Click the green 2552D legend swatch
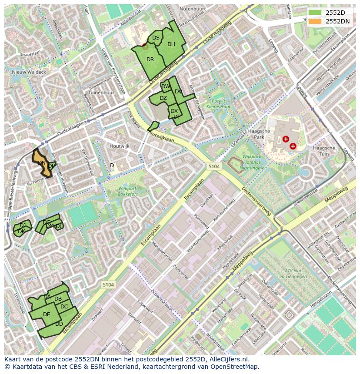click(316, 13)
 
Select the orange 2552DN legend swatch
click(316, 21)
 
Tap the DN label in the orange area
click(42, 163)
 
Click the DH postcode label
click(171, 44)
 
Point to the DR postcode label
click(150, 59)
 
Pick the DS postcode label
click(156, 38)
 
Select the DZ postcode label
click(163, 98)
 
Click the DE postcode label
click(47, 314)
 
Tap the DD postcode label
click(59, 324)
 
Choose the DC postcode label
click(64, 306)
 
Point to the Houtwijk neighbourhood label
click(120, 146)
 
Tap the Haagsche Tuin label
click(324, 151)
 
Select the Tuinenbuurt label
click(102, 93)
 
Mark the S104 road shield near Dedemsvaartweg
click(213, 166)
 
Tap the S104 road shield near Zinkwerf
click(108, 285)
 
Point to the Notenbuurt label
click(192, 8)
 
